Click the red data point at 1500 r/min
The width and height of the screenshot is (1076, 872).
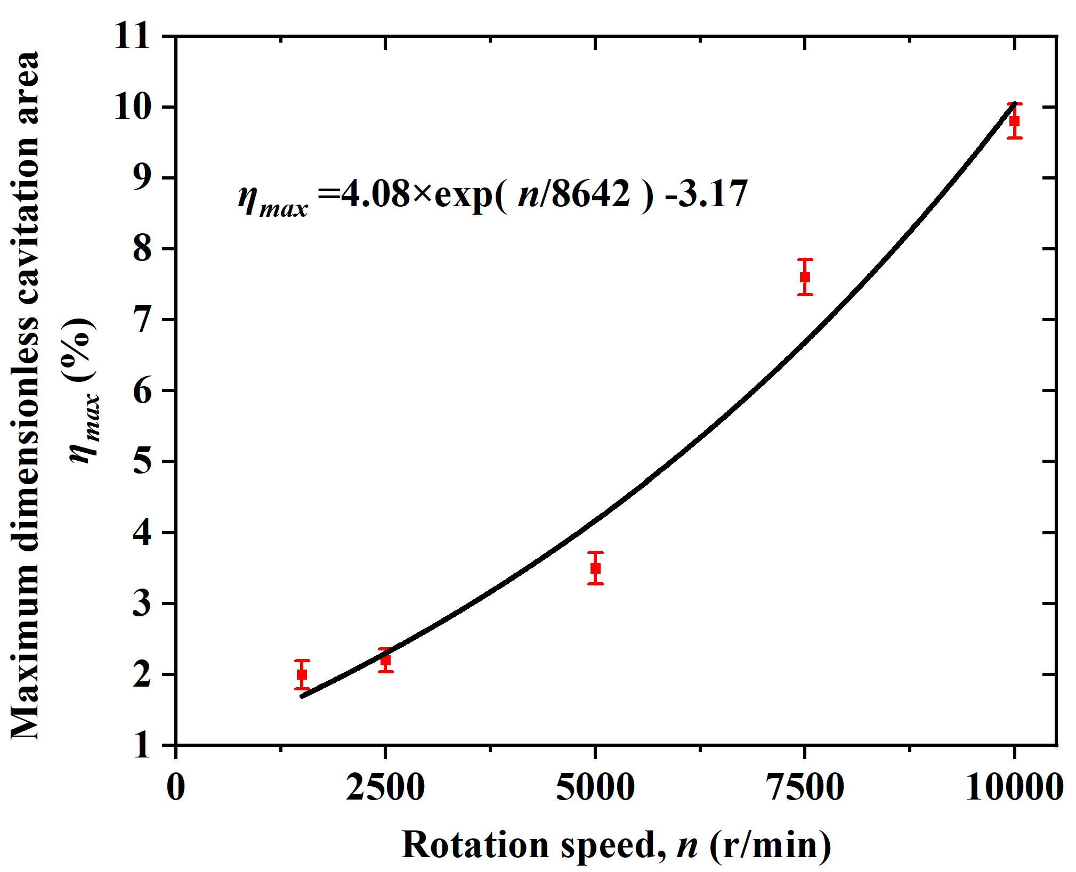click(x=302, y=674)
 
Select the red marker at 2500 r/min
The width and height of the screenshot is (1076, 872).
click(x=385, y=661)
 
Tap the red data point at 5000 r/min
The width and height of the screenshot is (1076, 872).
click(x=595, y=568)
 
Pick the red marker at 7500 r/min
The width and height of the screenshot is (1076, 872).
click(x=805, y=277)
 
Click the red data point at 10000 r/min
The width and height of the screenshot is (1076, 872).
click(x=1014, y=121)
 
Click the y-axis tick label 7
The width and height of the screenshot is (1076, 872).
click(x=142, y=320)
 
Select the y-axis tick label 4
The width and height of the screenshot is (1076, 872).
click(x=142, y=532)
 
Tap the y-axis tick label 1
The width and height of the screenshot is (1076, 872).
click(x=142, y=745)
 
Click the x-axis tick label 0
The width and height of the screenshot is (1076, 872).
click(x=176, y=787)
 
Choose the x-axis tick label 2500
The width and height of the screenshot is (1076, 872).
click(x=385, y=787)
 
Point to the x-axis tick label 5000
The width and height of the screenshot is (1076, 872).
click(x=595, y=787)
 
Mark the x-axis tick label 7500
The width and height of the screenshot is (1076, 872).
click(x=805, y=787)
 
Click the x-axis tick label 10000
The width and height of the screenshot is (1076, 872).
click(x=1014, y=787)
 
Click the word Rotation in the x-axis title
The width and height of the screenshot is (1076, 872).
click(x=475, y=845)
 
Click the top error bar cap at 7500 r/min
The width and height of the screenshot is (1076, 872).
click(x=805, y=259)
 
